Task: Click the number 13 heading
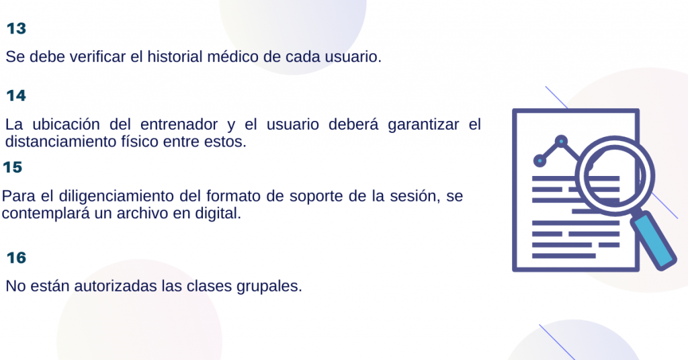[x=16, y=28]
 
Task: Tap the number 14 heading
[x=16, y=95]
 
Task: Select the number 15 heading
[x=12, y=167]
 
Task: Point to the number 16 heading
[x=16, y=257]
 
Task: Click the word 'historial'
[x=175, y=56]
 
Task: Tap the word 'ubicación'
[x=67, y=124]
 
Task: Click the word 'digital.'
[x=218, y=214]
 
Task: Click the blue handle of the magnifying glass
[x=653, y=240]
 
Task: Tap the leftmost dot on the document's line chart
[x=540, y=161]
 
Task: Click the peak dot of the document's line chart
[x=561, y=141]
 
